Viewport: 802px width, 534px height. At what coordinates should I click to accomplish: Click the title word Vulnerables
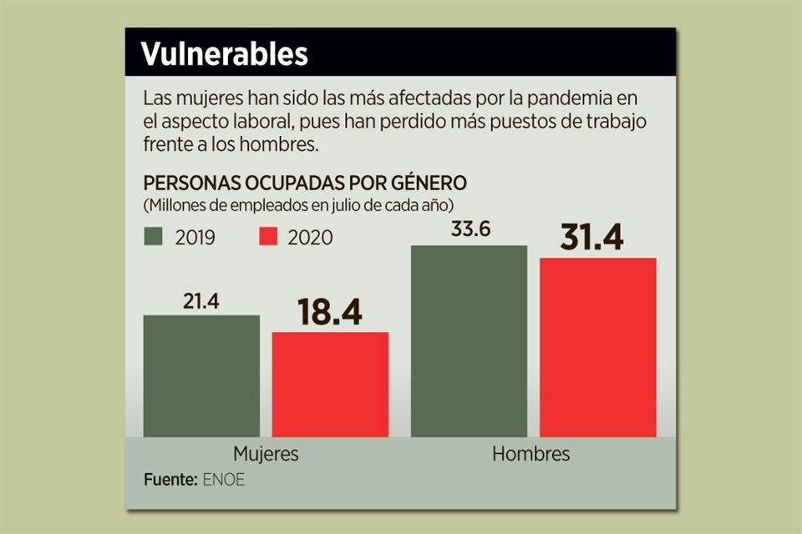224,54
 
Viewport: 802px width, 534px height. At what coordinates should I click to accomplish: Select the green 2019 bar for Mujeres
201,375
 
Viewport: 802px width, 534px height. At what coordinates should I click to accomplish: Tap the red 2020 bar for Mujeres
330,384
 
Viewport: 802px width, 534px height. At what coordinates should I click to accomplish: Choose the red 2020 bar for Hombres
598,347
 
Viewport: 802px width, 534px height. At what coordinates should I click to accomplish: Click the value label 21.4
200,302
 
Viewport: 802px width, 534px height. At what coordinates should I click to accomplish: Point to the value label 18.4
330,314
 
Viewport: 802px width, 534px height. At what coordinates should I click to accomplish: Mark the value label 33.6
470,230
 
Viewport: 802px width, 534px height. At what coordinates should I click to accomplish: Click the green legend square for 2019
155,237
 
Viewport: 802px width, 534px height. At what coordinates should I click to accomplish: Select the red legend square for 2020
266,237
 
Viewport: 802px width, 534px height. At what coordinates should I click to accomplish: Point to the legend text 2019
195,238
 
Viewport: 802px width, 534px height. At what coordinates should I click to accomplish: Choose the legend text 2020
310,238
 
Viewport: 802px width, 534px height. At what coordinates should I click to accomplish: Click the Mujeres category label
265,455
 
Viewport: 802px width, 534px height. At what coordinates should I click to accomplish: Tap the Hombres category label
530,455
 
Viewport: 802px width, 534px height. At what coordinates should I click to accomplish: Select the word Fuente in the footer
170,481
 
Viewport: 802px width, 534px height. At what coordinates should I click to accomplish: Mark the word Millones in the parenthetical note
174,204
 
